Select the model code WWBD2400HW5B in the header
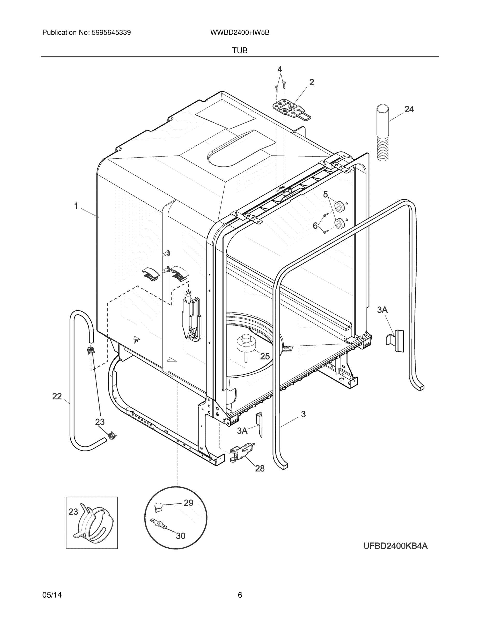(x=240, y=33)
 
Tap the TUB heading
(x=240, y=51)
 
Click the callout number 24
(x=409, y=109)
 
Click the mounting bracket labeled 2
(x=291, y=110)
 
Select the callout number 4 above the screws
(x=280, y=69)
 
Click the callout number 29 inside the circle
(x=188, y=503)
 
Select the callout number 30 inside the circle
(x=181, y=536)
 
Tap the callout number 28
(x=260, y=468)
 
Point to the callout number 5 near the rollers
(x=325, y=195)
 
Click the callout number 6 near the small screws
(x=315, y=226)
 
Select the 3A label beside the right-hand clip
(x=382, y=310)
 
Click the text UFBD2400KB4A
(x=395, y=546)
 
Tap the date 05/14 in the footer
(x=52, y=595)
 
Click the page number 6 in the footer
(x=240, y=595)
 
